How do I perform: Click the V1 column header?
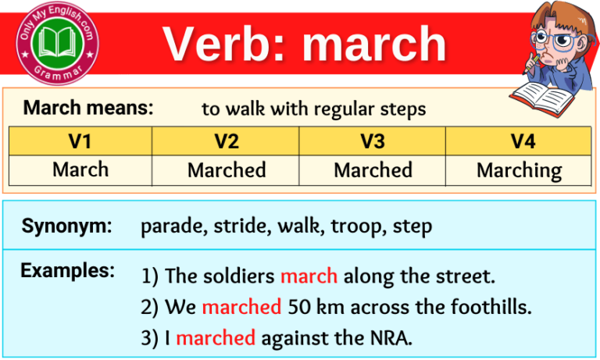tap(80, 141)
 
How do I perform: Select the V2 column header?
tap(227, 141)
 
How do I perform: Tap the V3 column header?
tap(373, 141)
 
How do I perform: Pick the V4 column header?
tap(519, 141)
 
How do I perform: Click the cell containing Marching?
tap(519, 169)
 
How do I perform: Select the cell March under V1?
tap(80, 169)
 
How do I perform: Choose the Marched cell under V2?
tap(227, 169)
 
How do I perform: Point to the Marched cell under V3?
tap(373, 169)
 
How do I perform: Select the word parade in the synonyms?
tap(166, 227)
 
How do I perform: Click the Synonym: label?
tap(66, 227)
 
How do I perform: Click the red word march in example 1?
tap(309, 276)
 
